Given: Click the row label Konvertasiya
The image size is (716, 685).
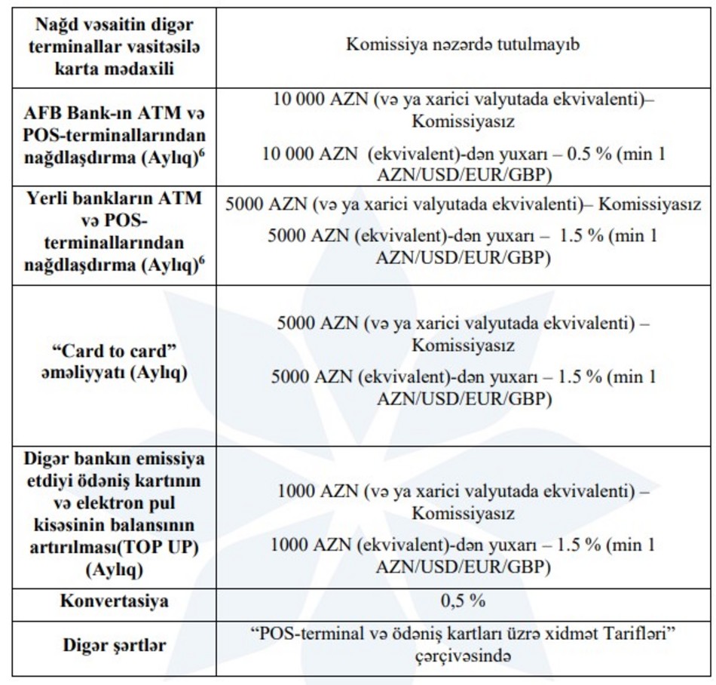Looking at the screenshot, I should [x=115, y=602].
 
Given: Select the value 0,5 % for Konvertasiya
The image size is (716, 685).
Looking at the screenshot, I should [x=463, y=602].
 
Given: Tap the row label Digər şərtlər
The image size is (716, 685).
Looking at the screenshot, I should [x=115, y=647].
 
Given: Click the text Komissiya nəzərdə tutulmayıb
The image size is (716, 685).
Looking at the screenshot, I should [x=463, y=45].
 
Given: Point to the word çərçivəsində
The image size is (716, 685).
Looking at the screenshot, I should [x=463, y=656].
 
